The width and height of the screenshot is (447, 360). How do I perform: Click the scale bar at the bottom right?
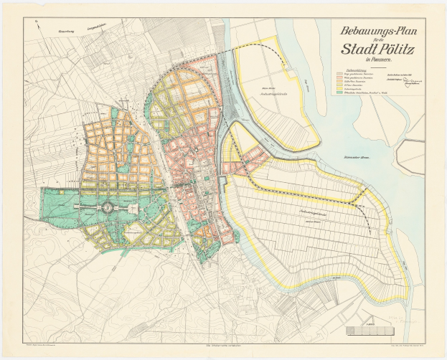coord(374,331)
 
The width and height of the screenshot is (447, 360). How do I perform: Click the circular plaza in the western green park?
coord(106,207)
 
